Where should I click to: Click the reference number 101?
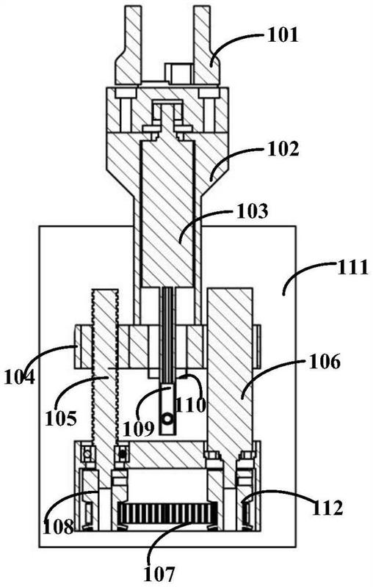(x=283, y=35)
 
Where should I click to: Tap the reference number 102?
(x=283, y=148)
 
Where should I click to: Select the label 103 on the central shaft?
(x=253, y=211)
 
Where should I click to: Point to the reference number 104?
(x=19, y=376)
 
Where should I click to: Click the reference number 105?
(x=61, y=418)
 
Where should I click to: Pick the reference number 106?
(x=325, y=362)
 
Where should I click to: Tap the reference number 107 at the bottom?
(x=159, y=573)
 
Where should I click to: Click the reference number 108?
(x=59, y=526)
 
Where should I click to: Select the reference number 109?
(x=139, y=429)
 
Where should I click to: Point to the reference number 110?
(x=191, y=404)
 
